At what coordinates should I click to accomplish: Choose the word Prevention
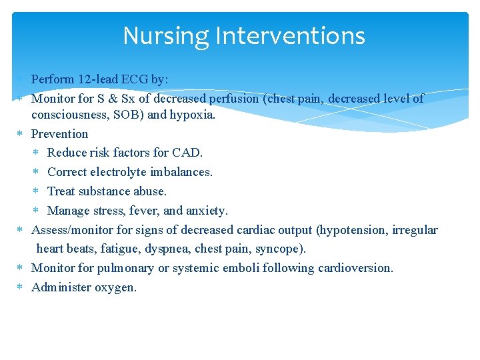(60, 133)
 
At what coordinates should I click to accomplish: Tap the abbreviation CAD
(188, 153)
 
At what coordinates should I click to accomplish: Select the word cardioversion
(356, 268)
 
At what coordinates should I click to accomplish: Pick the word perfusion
(233, 99)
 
